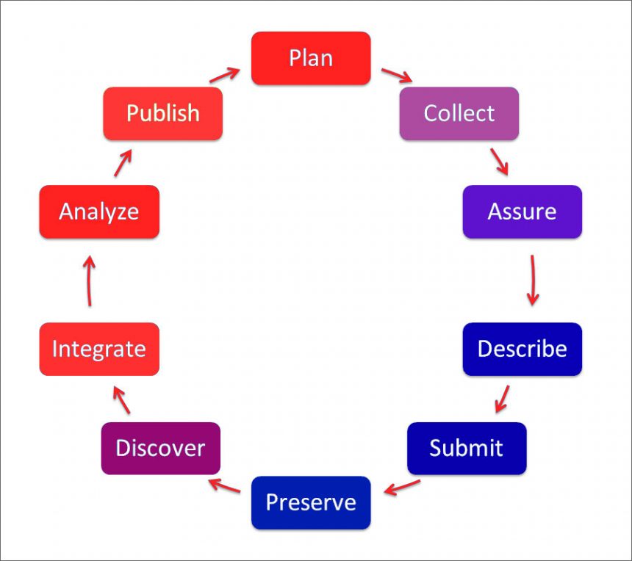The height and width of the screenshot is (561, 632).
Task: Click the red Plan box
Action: click(311, 58)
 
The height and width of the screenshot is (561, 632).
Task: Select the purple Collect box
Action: click(459, 113)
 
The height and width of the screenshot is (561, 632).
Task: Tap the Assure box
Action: click(522, 211)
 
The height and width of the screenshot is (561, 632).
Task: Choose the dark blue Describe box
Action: click(522, 348)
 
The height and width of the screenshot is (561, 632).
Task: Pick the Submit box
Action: click(467, 448)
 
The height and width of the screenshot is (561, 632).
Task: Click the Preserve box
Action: click(311, 503)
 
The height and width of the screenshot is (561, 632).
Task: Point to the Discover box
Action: click(160, 448)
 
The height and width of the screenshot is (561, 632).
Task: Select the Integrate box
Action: click(99, 349)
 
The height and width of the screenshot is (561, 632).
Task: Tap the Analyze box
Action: click(99, 211)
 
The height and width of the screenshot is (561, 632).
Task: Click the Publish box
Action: click(162, 113)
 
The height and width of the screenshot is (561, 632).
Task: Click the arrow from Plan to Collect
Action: click(397, 75)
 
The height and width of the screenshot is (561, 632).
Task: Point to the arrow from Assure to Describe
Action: click(532, 280)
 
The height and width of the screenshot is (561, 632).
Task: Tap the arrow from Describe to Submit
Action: click(503, 397)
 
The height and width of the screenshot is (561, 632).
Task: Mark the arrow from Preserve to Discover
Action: click(225, 486)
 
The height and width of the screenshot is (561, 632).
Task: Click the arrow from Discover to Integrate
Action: click(121, 400)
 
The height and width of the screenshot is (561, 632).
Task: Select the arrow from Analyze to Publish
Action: click(123, 162)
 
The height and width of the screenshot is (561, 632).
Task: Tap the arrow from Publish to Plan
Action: click(225, 74)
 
